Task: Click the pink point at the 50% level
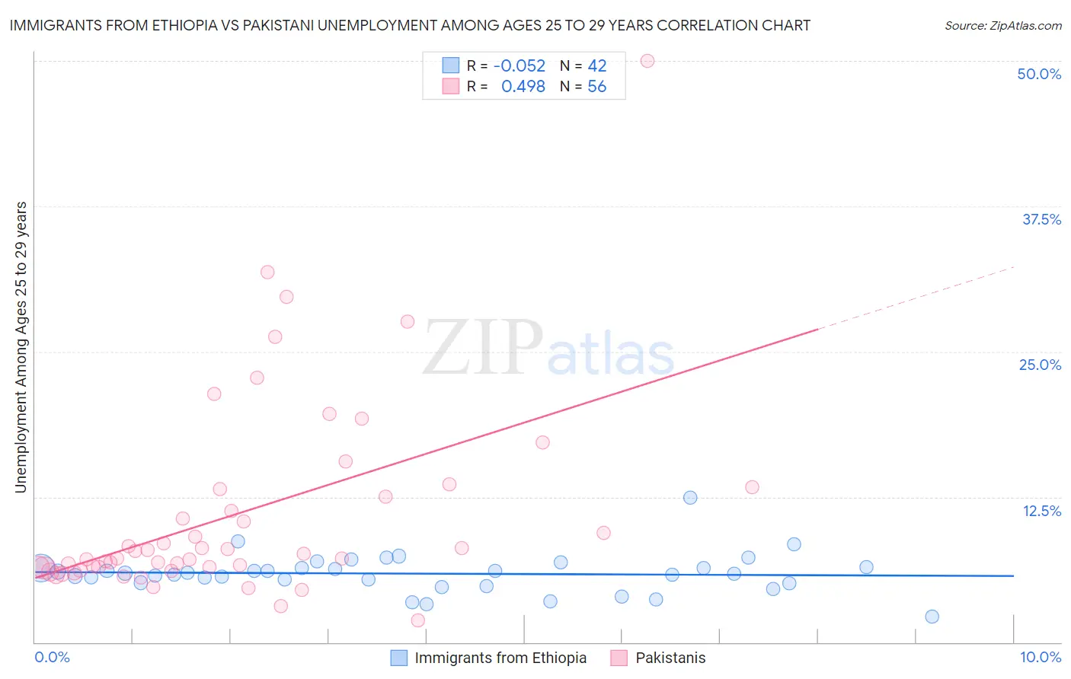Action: tap(647, 61)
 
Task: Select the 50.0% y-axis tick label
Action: tap(1039, 74)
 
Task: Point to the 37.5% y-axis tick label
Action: tap(1041, 219)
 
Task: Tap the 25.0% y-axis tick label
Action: tap(1040, 365)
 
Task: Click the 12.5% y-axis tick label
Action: tap(1041, 511)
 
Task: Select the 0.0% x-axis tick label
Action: tap(52, 657)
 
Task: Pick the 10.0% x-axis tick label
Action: tap(1040, 657)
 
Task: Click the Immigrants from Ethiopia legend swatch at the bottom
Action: tap(399, 658)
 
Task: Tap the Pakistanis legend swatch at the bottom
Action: tap(619, 658)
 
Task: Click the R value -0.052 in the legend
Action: tap(520, 66)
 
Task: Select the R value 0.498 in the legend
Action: tap(523, 87)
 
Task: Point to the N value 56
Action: tap(596, 87)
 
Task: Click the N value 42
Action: tap(596, 66)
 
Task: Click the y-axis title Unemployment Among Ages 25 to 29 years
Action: tap(21, 347)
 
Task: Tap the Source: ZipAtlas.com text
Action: tap(1002, 26)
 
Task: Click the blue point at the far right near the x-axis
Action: tap(932, 617)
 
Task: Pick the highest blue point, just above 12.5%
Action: tap(690, 498)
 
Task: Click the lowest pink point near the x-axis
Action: tap(417, 620)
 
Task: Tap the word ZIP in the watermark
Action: tap(483, 347)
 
